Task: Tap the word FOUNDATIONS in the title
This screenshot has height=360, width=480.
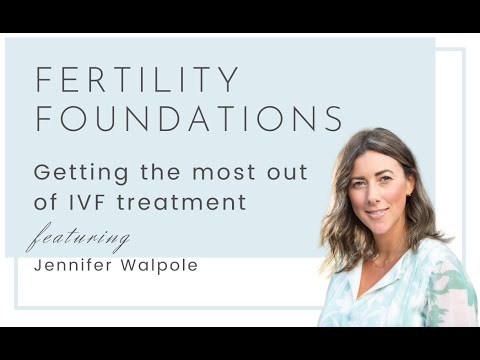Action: (x=190, y=118)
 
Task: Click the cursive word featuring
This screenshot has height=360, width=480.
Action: (x=78, y=240)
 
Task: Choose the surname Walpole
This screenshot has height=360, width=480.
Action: (x=163, y=267)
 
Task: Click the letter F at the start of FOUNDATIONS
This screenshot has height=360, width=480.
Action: (x=43, y=118)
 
